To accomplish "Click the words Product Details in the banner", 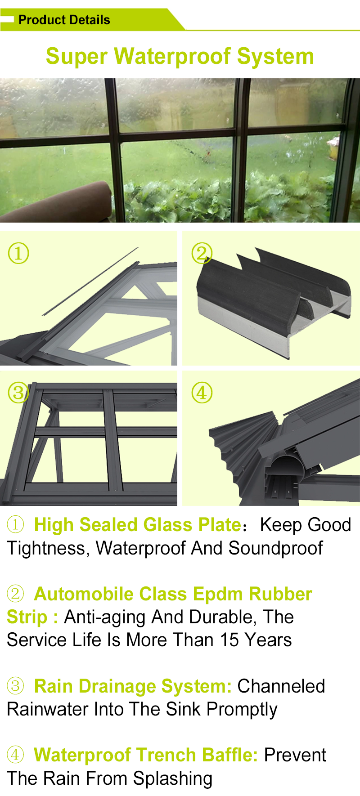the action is pos(64,20).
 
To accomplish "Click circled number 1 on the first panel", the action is pos(18,253).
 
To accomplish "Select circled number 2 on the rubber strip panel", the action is pos(202,253).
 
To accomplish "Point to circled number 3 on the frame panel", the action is pos(18,393).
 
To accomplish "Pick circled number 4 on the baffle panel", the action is pos(202,393).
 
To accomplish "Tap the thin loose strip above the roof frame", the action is pos(90,281).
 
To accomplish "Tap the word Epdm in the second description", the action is pos(217,594).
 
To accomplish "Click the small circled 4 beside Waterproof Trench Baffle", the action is pos(15,755).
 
